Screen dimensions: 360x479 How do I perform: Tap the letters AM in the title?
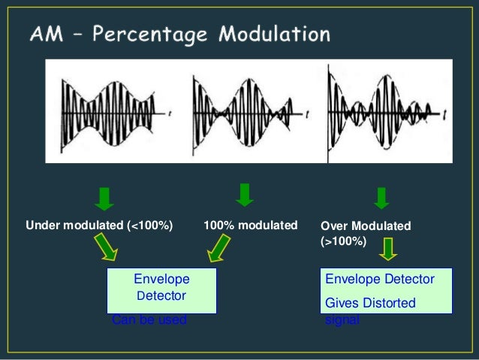[46, 35]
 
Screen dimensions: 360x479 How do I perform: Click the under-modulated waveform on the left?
[113, 112]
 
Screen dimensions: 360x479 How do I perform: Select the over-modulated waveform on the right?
[383, 113]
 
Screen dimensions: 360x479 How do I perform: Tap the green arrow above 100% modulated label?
[245, 194]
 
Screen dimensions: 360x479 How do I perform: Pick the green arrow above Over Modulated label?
[381, 196]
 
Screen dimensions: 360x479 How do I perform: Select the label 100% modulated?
[250, 225]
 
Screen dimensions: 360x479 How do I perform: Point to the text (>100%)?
[343, 241]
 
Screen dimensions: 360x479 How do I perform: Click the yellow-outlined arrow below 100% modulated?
[220, 247]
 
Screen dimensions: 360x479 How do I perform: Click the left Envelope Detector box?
[161, 289]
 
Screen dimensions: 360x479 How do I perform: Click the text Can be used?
[149, 320]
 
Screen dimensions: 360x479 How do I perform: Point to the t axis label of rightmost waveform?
[444, 112]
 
